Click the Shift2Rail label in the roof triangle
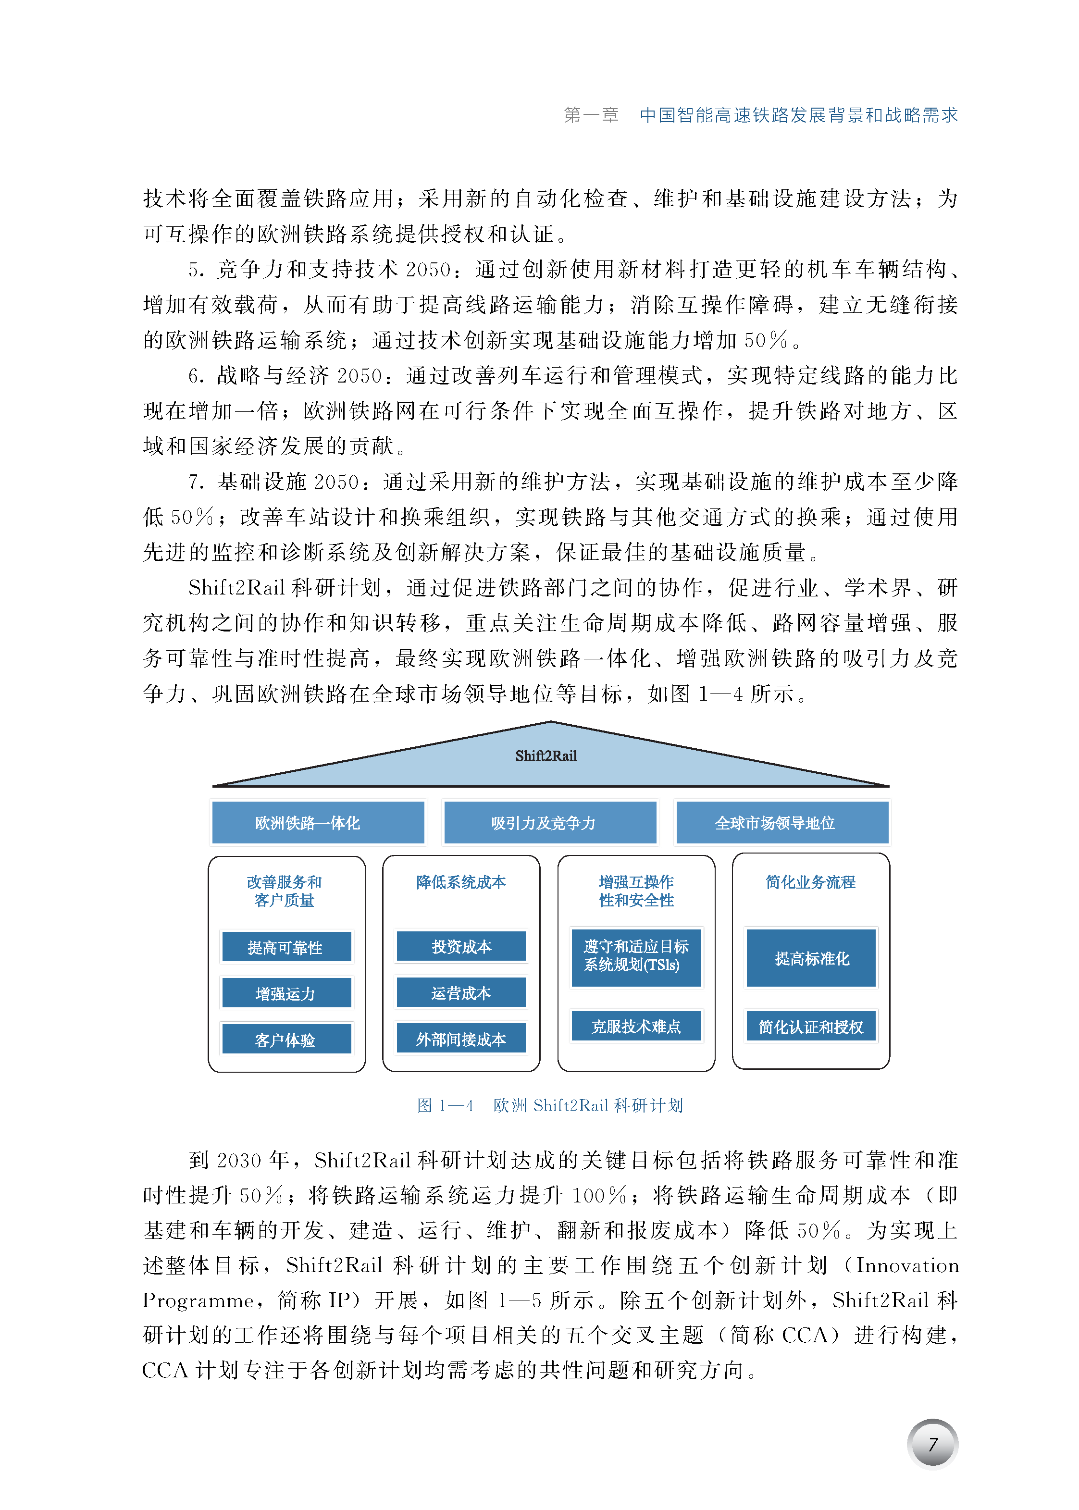546,755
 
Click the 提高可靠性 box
286,947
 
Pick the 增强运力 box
286,993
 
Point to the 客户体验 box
286,1040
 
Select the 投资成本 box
461,946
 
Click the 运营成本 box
461,992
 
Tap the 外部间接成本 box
461,1039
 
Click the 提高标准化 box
811,958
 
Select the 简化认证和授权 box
811,1027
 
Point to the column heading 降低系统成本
461,882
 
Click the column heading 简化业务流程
811,882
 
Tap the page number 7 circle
932,1444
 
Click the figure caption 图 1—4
445,1105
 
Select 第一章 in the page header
591,115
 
